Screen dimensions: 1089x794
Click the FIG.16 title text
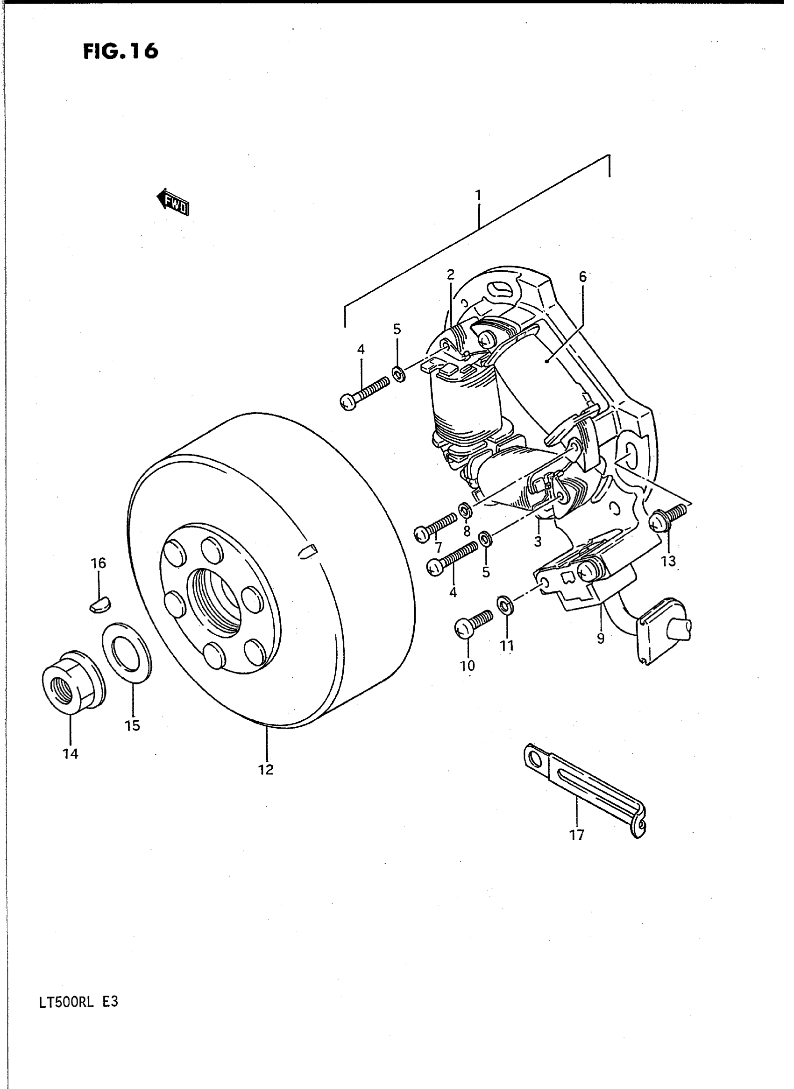pos(120,51)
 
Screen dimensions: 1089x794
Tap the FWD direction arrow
pos(173,202)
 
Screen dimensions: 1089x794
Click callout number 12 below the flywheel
pos(266,770)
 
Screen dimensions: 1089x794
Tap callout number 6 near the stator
pos(582,277)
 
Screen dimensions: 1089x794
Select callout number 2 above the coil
pos(450,275)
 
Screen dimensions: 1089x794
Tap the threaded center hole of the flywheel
pos(217,600)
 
